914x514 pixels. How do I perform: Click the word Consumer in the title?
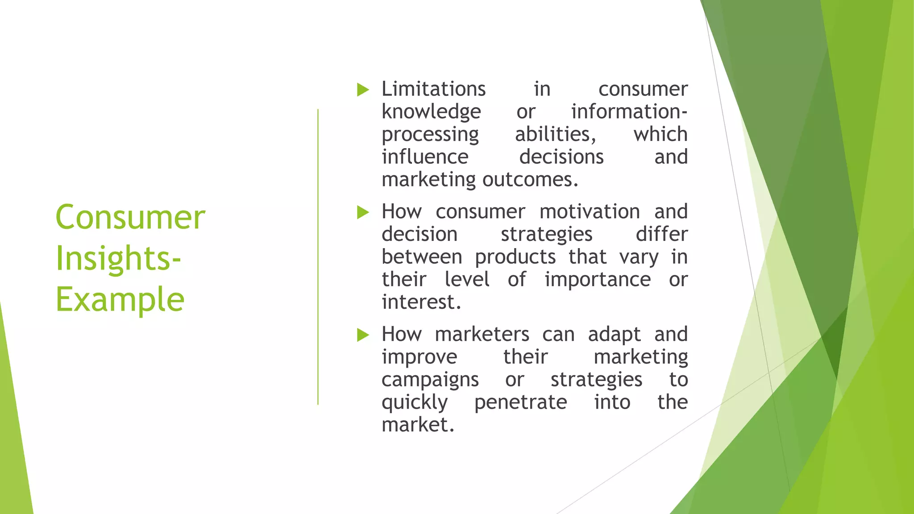point(130,217)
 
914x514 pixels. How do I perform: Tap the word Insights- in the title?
point(118,258)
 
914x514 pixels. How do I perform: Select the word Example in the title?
point(120,299)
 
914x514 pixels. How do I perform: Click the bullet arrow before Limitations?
point(363,90)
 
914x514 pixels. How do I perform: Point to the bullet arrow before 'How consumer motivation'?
point(363,212)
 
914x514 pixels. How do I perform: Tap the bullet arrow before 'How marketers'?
point(363,335)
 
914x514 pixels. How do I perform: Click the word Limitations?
point(433,89)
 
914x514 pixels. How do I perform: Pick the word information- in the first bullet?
point(629,112)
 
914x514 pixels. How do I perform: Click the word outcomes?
point(530,179)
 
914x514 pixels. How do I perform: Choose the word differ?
point(661,234)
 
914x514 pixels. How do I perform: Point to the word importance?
point(598,280)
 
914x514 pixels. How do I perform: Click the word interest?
point(421,302)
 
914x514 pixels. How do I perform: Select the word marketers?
point(482,334)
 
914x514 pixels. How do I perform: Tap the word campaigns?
point(430,380)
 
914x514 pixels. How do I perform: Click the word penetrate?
point(520,402)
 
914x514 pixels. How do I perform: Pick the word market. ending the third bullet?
point(418,425)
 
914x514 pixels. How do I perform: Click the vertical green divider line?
point(318,257)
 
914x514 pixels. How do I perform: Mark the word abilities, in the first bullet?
point(555,134)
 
